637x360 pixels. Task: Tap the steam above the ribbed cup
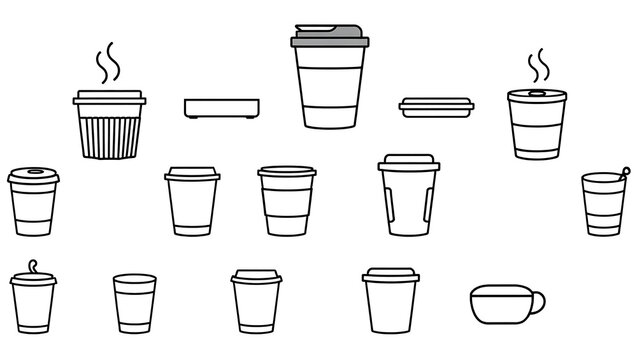[x=107, y=63]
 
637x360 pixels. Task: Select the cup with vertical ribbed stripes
[x=110, y=130]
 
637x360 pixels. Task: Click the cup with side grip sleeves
[x=407, y=203]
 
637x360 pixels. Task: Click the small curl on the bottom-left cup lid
[x=33, y=267]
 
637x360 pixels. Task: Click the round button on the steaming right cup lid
[x=531, y=92]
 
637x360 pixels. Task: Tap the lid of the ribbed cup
[x=110, y=98]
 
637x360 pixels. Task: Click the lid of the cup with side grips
[x=407, y=160]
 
